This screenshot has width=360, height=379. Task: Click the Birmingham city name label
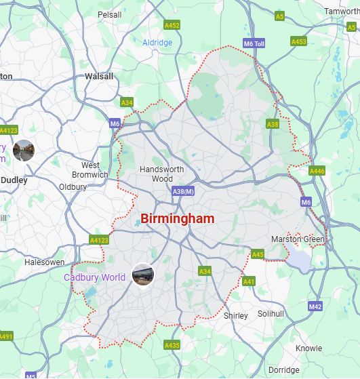(x=177, y=219)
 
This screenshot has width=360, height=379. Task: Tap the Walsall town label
(x=99, y=77)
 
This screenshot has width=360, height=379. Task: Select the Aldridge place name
(x=157, y=43)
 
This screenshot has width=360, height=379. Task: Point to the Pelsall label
(x=109, y=14)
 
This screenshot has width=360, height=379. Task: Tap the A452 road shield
(x=172, y=25)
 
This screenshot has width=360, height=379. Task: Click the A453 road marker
(x=299, y=41)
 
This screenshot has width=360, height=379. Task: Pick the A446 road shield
(x=317, y=171)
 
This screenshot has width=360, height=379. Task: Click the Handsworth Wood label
(x=157, y=174)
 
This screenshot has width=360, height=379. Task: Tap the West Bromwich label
(x=90, y=170)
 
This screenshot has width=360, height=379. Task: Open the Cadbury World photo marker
(x=144, y=275)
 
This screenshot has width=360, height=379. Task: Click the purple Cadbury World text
(x=95, y=277)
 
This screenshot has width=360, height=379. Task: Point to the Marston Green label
(x=298, y=239)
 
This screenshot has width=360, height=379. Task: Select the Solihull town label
(x=271, y=314)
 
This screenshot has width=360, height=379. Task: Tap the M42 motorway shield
(x=315, y=307)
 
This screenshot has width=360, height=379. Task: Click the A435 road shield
(x=172, y=345)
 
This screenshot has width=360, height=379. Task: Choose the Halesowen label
(x=44, y=262)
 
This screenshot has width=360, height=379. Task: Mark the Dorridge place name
(x=283, y=370)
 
